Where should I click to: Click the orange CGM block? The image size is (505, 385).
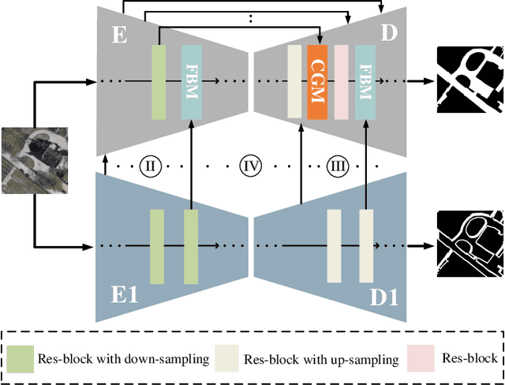pos(317,82)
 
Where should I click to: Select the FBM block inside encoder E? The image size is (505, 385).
pos(192,82)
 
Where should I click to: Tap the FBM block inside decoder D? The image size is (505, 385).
pos(365,82)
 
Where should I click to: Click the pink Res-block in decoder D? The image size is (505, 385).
pos(341,82)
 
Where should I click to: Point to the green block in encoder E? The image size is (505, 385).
pos(158,82)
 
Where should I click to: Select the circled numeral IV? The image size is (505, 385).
pos(249,166)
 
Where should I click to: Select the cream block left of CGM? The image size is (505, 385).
pos(294,82)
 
